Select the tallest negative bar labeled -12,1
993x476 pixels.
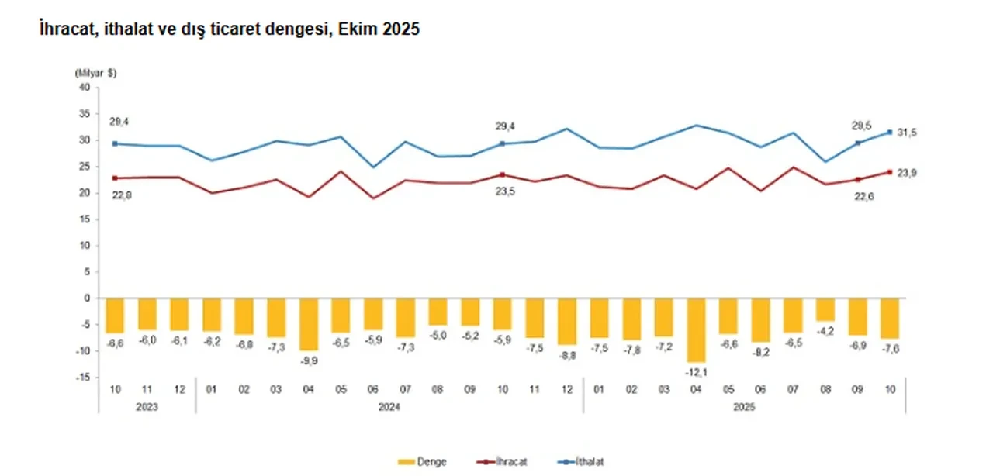coord(696,329)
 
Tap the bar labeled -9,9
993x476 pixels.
coord(308,324)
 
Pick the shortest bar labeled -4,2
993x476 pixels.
coord(825,309)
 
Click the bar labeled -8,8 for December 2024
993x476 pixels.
coord(566,321)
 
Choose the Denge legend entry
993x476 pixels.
coord(423,461)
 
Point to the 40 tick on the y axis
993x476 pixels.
coord(85,88)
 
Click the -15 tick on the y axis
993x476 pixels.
coord(83,377)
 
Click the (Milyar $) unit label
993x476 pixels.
coord(95,72)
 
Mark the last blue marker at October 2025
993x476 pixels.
coord(890,132)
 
